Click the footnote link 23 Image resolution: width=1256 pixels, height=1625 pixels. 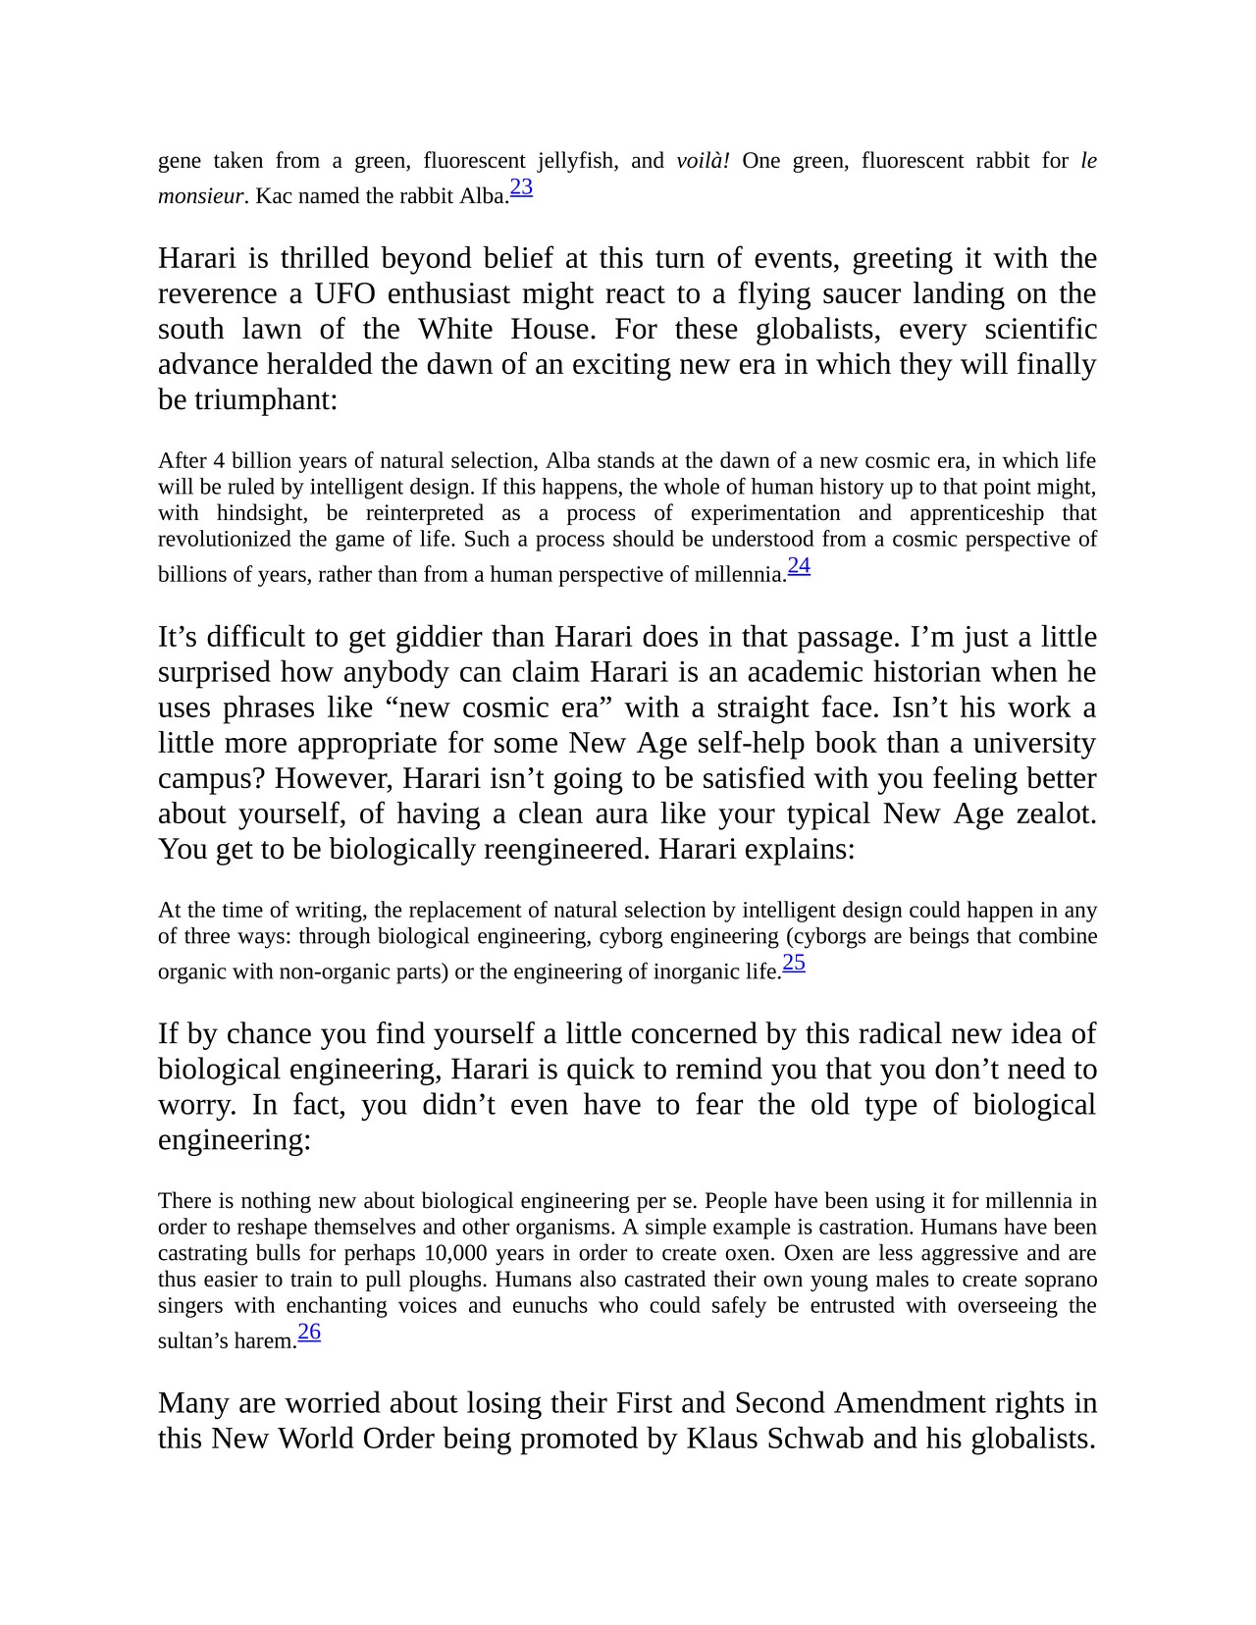tap(521, 187)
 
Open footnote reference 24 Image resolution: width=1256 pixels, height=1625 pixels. tap(799, 566)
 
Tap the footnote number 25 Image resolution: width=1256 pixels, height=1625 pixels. tap(794, 964)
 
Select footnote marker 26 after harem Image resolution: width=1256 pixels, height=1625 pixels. tap(309, 1333)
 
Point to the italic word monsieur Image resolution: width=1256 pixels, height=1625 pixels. tap(200, 196)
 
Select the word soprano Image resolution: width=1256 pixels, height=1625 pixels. tap(1063, 1280)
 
